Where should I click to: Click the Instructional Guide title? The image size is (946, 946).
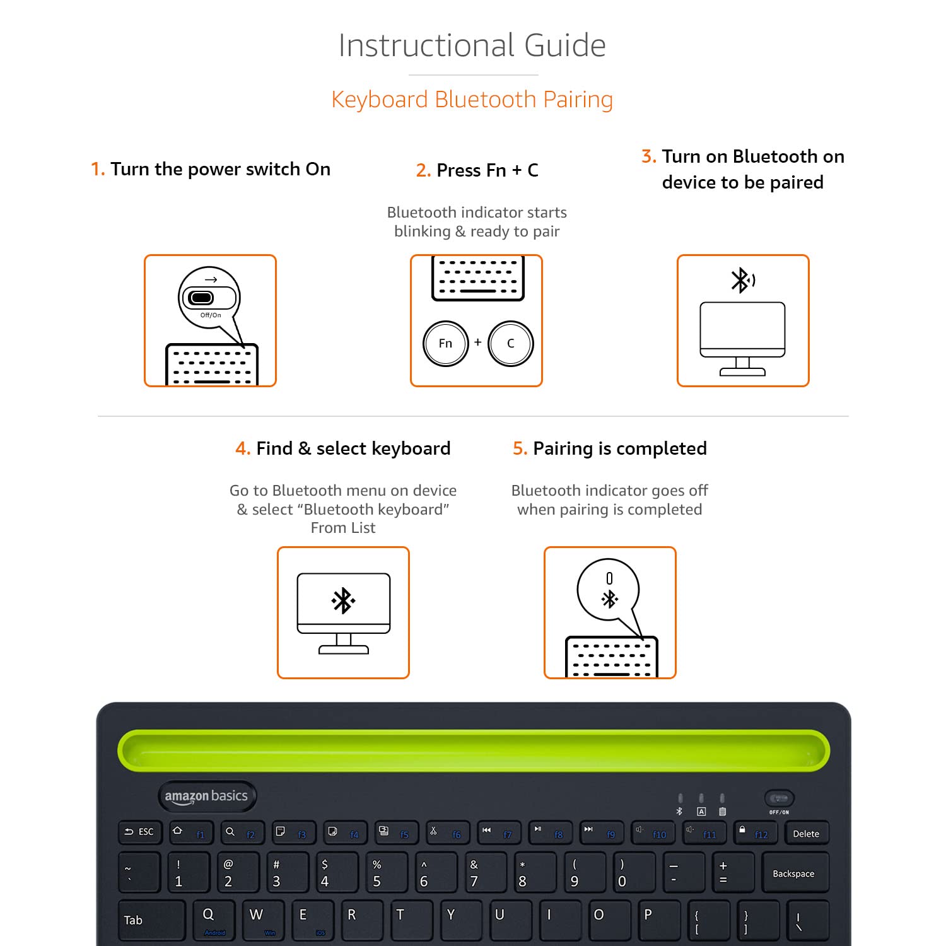(x=472, y=45)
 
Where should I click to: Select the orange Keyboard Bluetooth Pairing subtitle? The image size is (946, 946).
(x=472, y=100)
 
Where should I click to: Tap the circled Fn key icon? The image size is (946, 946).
(x=445, y=344)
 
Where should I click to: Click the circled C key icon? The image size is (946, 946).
(x=510, y=344)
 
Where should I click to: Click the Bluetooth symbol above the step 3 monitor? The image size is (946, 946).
(x=742, y=280)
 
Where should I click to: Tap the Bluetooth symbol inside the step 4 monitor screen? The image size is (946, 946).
(x=343, y=601)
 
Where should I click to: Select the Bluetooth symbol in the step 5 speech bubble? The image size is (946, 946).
(x=609, y=599)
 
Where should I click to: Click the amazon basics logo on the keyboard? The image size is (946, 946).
(x=206, y=797)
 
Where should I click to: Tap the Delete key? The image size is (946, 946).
(x=806, y=834)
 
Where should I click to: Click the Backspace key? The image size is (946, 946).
(x=794, y=873)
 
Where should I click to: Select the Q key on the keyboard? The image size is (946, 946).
(x=213, y=920)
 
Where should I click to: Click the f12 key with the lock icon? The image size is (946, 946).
(x=754, y=833)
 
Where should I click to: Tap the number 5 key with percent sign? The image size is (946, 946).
(x=382, y=873)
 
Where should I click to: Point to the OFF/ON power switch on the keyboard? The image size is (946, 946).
(x=780, y=799)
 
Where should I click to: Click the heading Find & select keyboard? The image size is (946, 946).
(x=343, y=448)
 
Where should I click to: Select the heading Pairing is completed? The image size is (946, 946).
(x=610, y=448)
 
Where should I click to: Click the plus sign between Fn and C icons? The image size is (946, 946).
(x=478, y=342)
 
